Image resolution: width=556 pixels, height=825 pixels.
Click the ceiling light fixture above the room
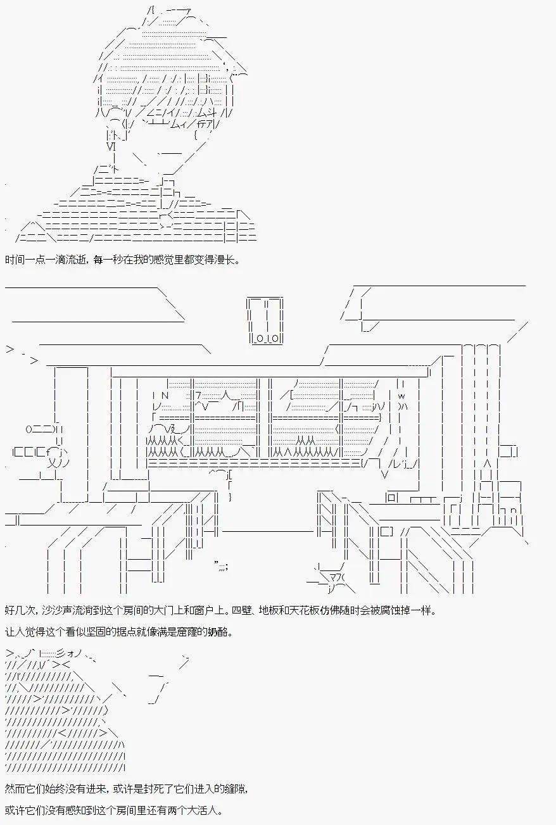[x=265, y=320]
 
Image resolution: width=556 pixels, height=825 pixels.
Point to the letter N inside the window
[x=165, y=396]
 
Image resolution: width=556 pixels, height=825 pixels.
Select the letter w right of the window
[x=401, y=396]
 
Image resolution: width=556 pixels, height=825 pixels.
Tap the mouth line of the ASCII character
[x=170, y=153]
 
